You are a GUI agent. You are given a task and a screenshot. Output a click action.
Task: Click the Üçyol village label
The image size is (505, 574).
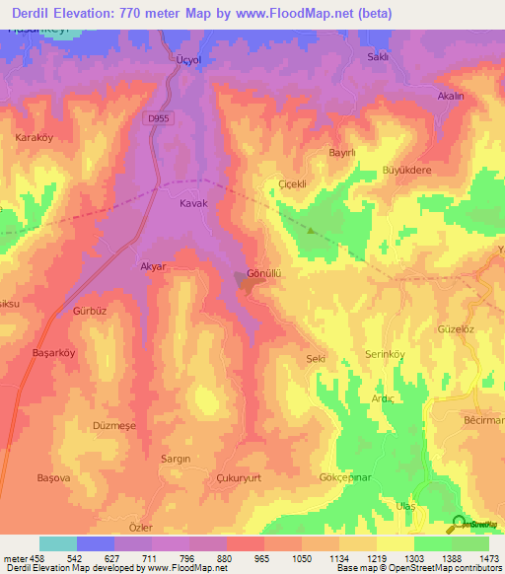[187, 58]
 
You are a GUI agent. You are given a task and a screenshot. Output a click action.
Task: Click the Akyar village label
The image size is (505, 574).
[151, 266]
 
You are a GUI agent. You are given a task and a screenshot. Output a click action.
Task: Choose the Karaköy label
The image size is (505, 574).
[34, 137]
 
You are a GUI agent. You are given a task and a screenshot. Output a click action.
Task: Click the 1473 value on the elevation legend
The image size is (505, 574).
[488, 557]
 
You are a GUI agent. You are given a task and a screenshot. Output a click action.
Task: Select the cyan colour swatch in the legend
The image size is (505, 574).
[58, 542]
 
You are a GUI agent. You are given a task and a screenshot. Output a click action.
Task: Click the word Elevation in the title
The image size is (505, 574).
[106, 14]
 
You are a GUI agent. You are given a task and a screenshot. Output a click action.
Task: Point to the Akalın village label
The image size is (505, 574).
[451, 97]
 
